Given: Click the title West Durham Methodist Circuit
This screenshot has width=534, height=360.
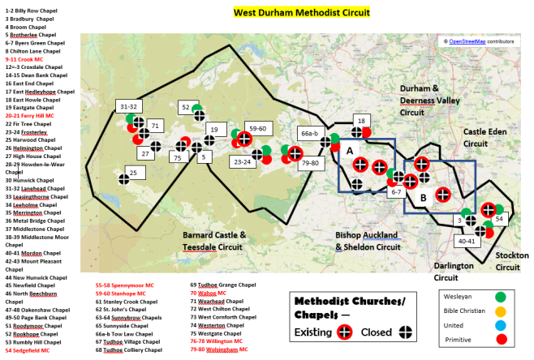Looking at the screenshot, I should click(x=301, y=12).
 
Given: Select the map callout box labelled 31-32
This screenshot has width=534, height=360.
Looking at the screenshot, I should click(x=129, y=106).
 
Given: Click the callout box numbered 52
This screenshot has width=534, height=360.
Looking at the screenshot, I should click(x=186, y=107).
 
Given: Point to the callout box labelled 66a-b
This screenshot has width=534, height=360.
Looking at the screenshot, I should click(x=310, y=133).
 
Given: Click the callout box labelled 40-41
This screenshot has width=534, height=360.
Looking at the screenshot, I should click(x=467, y=241).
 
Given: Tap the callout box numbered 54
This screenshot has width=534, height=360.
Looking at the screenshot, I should click(x=500, y=220).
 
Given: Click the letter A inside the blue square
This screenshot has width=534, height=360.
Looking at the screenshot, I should click(x=349, y=150).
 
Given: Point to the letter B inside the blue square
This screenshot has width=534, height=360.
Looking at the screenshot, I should click(x=421, y=198).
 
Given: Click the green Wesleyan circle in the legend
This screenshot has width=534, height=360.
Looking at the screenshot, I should click(x=501, y=297).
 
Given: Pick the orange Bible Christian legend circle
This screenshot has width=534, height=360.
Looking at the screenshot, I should click(x=501, y=311).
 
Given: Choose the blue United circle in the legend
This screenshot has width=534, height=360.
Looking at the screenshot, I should click(x=501, y=326).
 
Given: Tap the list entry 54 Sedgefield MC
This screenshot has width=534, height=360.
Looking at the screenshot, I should click(x=28, y=351).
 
